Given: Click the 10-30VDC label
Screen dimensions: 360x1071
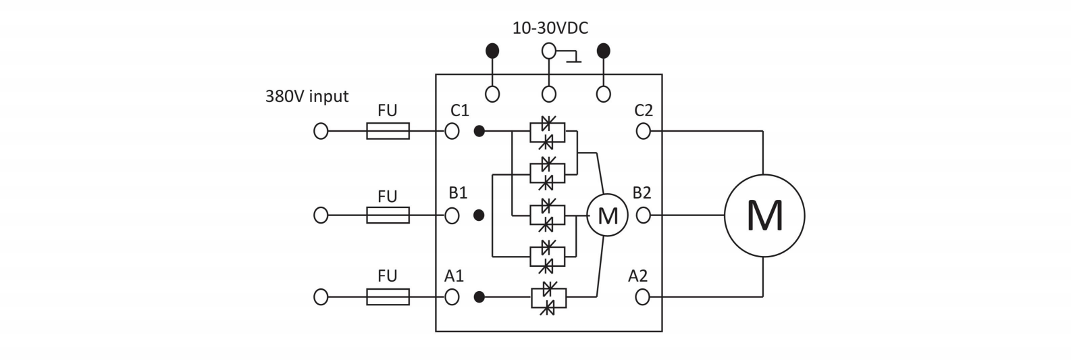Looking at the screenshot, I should [x=550, y=28].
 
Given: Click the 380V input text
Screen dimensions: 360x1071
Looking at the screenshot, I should [x=307, y=97].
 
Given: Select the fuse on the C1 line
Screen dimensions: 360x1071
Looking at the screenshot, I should [x=388, y=131].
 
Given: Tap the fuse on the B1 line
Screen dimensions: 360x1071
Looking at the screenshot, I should [x=388, y=215].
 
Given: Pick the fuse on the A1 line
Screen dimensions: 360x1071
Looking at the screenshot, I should [x=388, y=297].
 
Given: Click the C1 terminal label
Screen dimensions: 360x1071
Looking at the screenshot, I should [x=459, y=111].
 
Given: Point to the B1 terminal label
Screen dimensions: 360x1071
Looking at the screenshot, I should [x=458, y=193].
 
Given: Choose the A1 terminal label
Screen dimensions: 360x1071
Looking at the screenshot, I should [x=454, y=276].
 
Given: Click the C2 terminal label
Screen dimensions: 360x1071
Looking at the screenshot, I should [x=644, y=111].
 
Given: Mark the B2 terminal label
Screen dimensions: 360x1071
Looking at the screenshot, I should [x=642, y=193].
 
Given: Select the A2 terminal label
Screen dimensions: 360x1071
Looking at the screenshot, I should [x=637, y=276].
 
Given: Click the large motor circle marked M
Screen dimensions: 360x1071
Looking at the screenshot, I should [x=764, y=215].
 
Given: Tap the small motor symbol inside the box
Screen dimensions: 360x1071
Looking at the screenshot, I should [x=607, y=215].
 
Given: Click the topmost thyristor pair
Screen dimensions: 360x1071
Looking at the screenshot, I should [x=548, y=132].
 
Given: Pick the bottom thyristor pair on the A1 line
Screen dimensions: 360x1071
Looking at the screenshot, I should [x=548, y=297].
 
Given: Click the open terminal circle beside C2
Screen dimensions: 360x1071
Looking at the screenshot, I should [x=644, y=131].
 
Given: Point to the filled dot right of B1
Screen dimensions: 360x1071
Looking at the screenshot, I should [x=479, y=215].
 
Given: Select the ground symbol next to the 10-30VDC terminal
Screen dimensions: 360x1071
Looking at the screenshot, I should [x=574, y=57].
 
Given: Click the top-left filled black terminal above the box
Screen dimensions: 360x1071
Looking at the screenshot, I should [x=493, y=51].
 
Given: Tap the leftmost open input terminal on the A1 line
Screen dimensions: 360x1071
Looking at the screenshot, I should [x=321, y=297].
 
